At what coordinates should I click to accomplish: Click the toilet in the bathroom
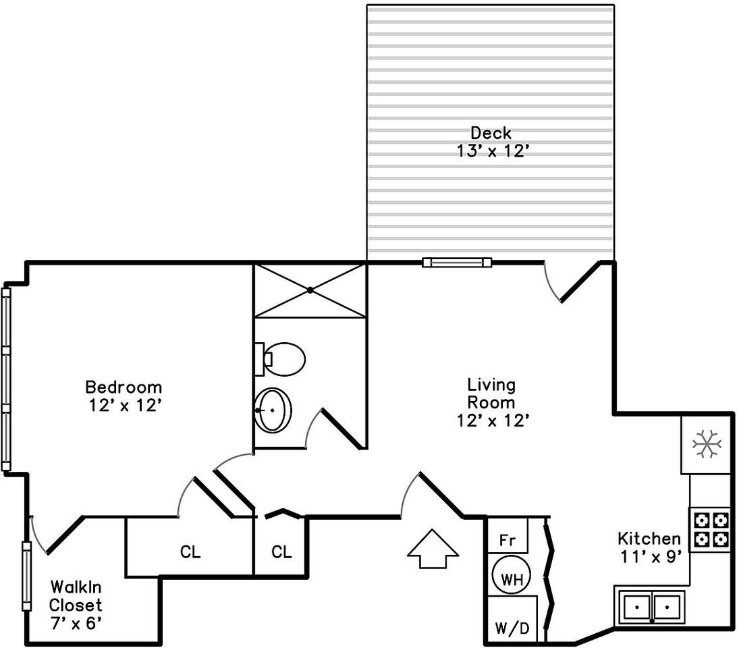click(281, 359)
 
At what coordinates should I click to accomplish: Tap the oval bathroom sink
click(273, 410)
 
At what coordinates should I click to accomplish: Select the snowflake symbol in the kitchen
click(706, 445)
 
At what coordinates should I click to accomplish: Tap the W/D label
click(512, 628)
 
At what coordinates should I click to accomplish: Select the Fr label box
click(508, 541)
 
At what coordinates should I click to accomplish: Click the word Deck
click(491, 133)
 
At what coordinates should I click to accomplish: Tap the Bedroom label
click(124, 387)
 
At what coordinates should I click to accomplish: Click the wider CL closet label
click(190, 552)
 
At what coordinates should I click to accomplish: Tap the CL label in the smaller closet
click(281, 552)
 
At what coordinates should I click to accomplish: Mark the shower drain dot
click(310, 290)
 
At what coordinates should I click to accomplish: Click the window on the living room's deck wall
click(456, 262)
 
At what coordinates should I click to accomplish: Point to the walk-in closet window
click(26, 576)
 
